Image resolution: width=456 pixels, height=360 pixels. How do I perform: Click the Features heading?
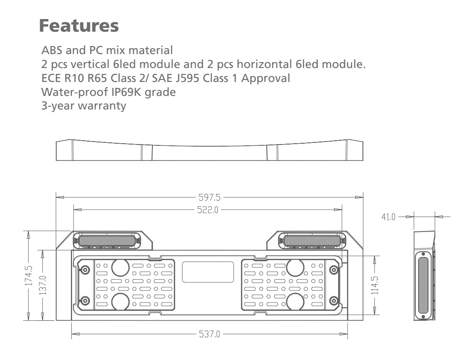[79, 26]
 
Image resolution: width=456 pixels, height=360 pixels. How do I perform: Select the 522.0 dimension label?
[207, 209]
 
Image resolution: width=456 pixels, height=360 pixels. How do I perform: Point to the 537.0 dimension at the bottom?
[209, 334]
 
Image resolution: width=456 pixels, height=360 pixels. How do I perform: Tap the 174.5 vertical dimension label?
[29, 275]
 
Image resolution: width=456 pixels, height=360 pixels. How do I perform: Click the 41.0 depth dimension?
[388, 217]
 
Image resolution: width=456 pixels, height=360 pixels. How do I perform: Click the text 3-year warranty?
[84, 105]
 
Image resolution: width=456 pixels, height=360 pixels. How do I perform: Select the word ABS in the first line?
[52, 51]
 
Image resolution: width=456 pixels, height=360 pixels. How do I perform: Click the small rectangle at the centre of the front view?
[208, 272]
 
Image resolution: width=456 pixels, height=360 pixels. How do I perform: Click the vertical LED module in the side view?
[423, 285]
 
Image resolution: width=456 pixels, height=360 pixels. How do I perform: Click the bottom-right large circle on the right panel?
[295, 301]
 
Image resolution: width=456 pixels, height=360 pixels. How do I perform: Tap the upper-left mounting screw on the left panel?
[85, 270]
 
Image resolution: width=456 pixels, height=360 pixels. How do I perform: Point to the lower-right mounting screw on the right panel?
[334, 300]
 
